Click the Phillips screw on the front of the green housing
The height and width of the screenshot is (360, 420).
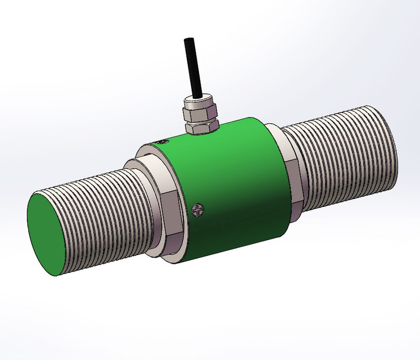197,210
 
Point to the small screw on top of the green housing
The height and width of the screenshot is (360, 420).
164,143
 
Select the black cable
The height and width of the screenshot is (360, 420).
193,67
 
